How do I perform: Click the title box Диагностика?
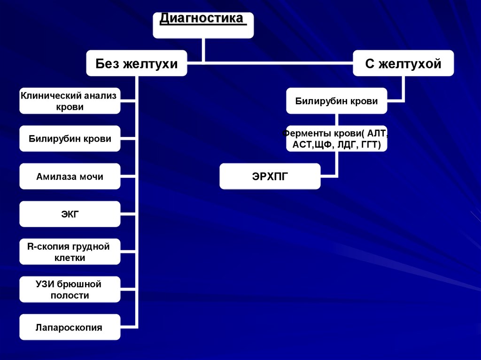(x=203, y=25)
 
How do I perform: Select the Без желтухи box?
(x=137, y=63)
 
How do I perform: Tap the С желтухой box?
(x=403, y=63)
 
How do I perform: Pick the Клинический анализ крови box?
(x=70, y=101)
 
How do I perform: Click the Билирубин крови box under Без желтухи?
(x=70, y=138)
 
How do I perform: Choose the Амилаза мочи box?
(x=70, y=176)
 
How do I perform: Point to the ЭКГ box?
(x=70, y=214)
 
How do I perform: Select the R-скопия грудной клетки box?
(x=70, y=252)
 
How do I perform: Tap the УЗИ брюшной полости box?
(x=70, y=290)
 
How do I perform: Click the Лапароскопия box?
(x=70, y=327)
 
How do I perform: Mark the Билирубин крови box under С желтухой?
(x=337, y=101)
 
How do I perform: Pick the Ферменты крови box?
(x=337, y=139)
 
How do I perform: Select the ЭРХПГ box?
(x=270, y=176)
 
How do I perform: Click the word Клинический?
(x=51, y=95)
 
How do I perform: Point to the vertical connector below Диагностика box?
(x=203, y=50)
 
